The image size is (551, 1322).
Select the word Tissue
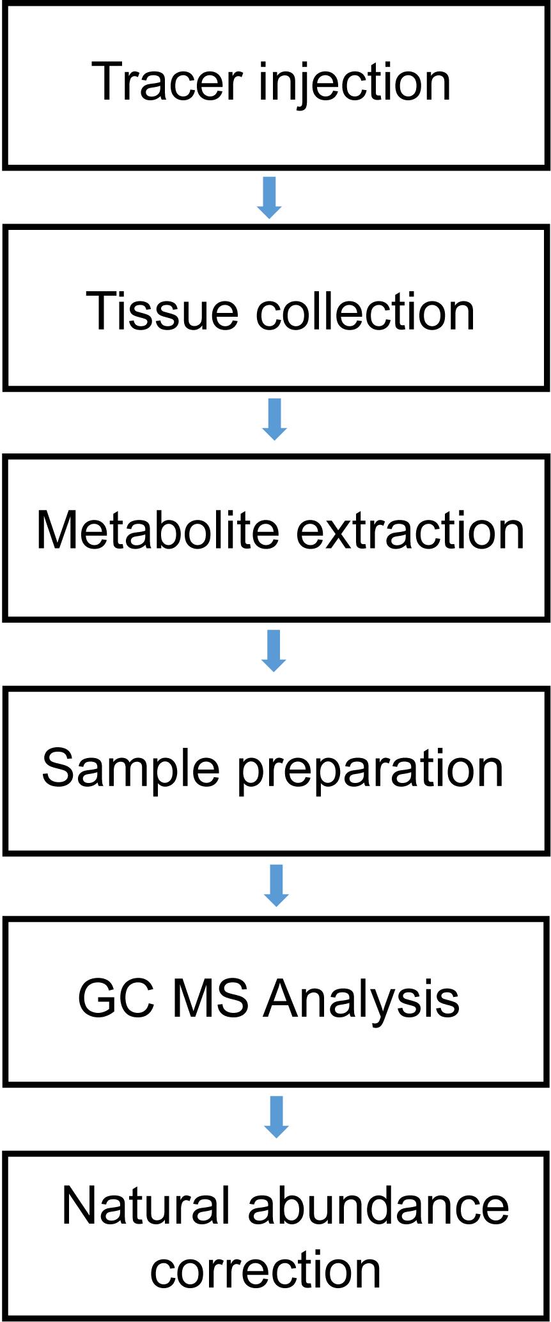(162, 310)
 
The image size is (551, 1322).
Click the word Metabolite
(158, 529)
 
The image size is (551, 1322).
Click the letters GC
(116, 998)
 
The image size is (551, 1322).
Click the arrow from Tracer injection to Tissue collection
(269, 197)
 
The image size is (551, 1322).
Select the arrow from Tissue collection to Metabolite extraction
(275, 419)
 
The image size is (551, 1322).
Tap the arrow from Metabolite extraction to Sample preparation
(274, 651)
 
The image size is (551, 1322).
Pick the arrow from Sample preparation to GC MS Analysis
(276, 885)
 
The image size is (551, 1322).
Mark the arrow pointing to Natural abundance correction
(276, 1117)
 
